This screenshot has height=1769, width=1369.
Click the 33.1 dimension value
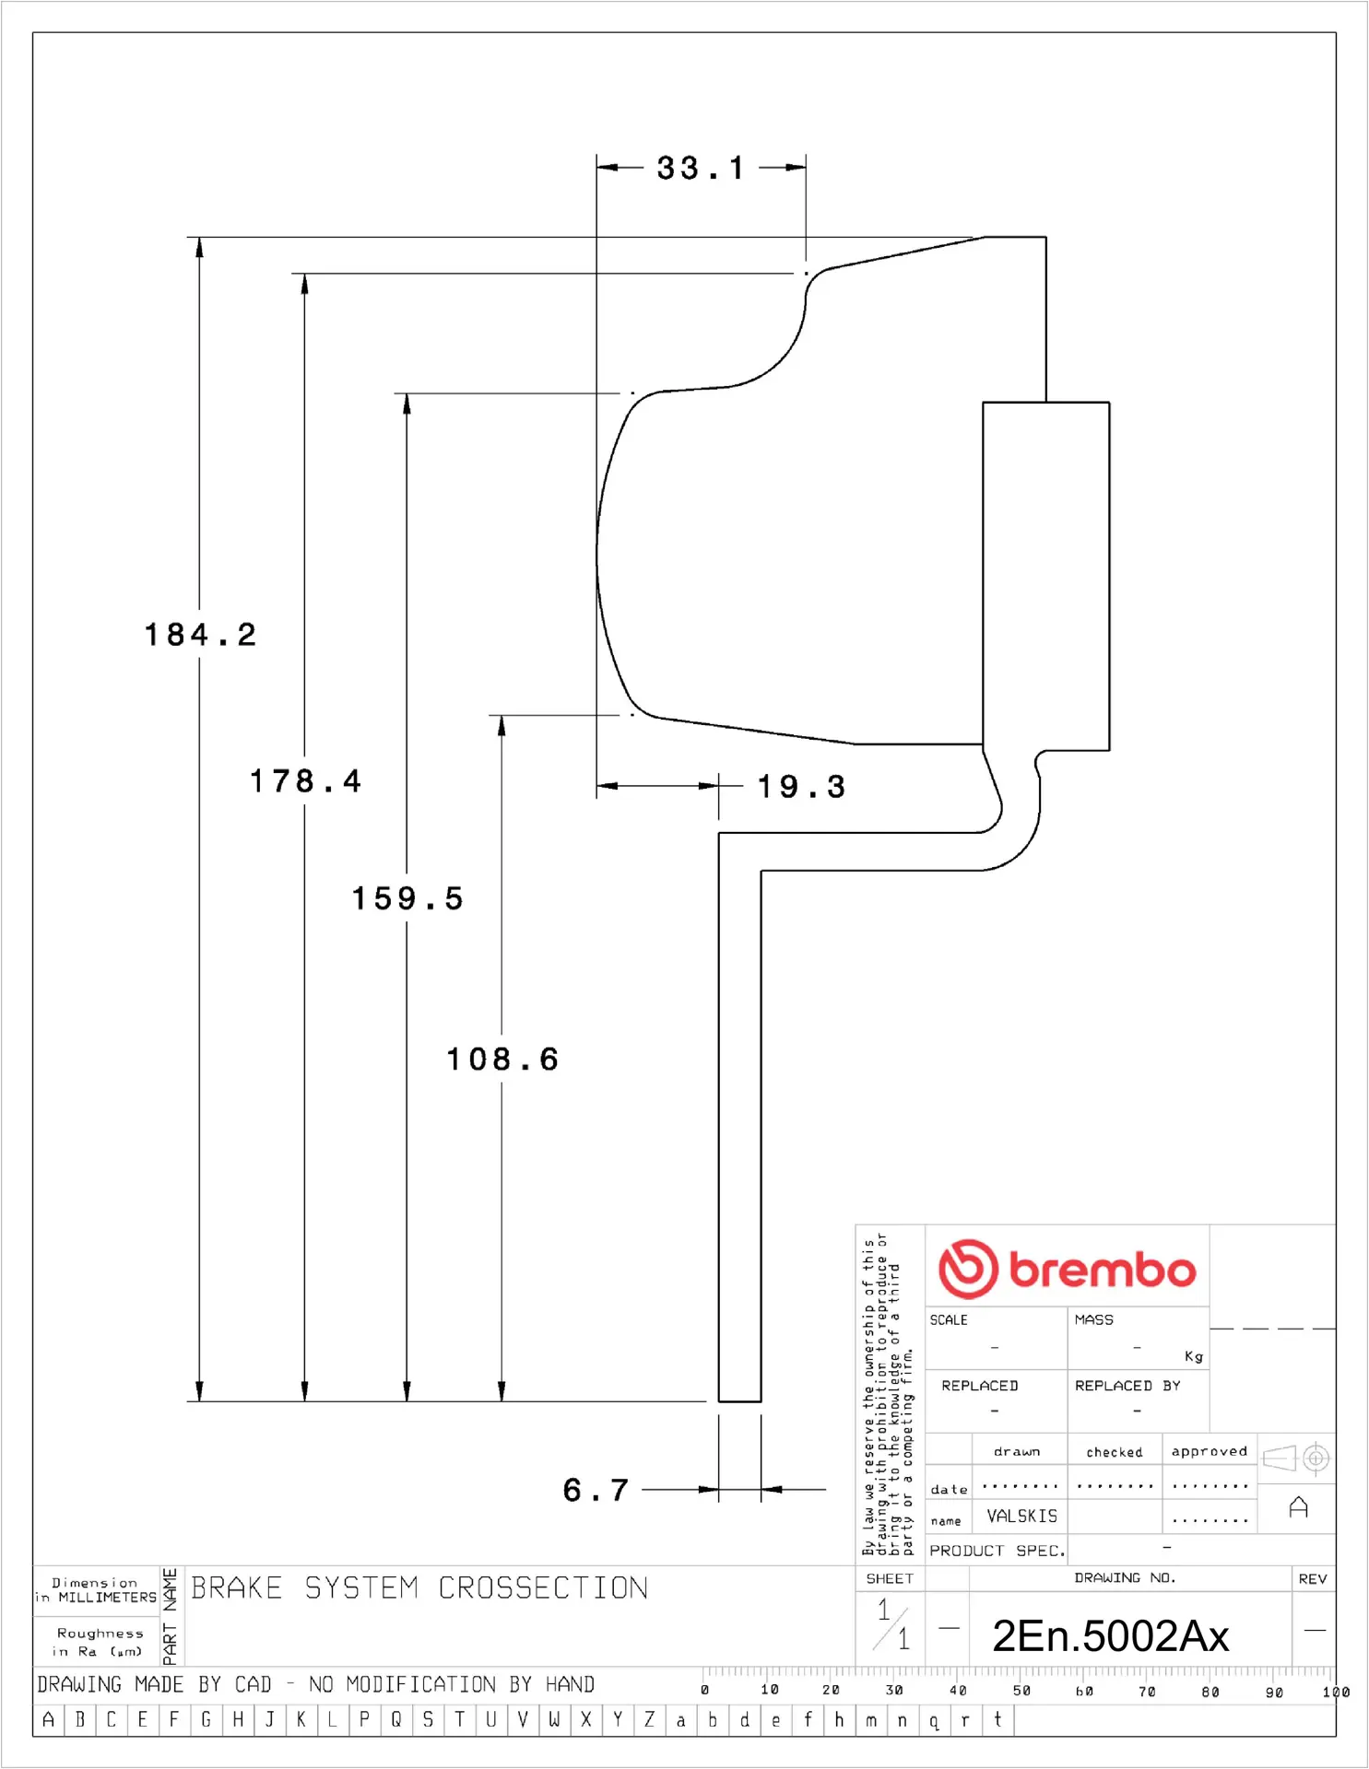click(x=700, y=168)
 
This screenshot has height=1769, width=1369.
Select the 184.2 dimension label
click(x=200, y=634)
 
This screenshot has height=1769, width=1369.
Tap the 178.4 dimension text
click(x=305, y=780)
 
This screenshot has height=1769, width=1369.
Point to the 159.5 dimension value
click(x=407, y=898)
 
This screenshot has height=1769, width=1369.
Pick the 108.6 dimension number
click(x=502, y=1059)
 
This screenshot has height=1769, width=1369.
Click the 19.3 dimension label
click(x=801, y=786)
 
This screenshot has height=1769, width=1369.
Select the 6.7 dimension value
click(x=596, y=1490)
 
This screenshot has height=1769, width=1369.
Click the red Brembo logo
click(x=1067, y=1269)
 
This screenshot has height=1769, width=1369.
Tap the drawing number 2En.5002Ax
click(x=1110, y=1636)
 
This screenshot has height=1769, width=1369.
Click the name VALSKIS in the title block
click(x=1021, y=1516)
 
